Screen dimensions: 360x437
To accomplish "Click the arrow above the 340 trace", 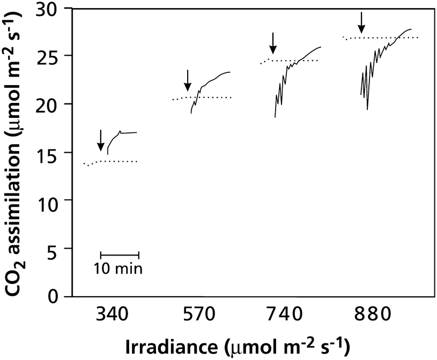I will click(x=100, y=140).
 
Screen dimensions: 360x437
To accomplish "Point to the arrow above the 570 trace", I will click(x=187, y=80).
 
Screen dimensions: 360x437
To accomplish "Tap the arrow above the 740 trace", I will click(x=273, y=43).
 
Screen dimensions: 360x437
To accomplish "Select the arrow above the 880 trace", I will click(x=361, y=22).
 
